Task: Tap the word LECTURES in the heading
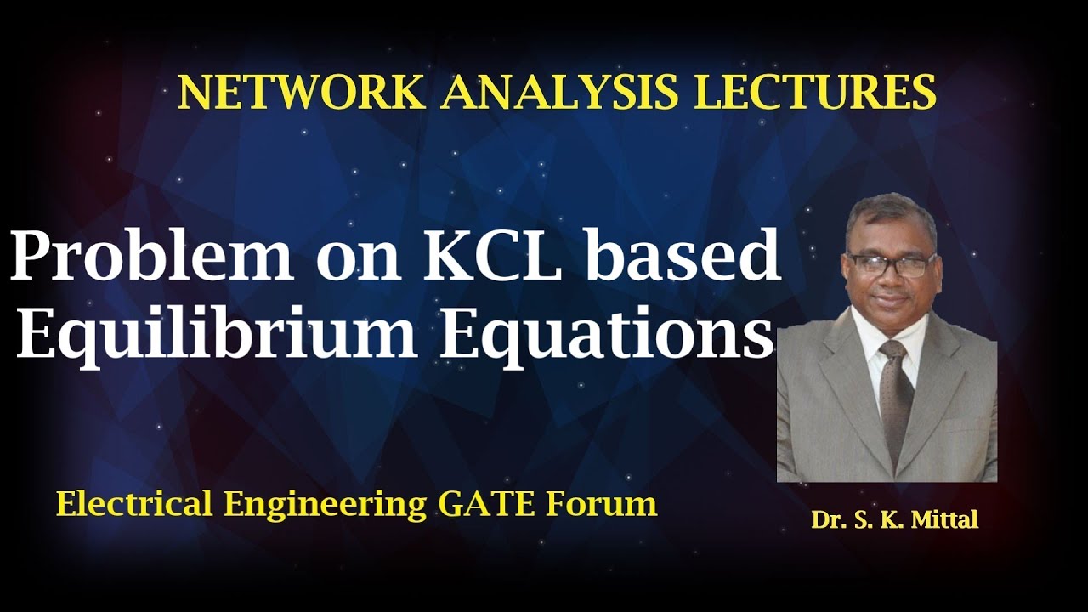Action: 815,92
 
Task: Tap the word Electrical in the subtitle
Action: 135,504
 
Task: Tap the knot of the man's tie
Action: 893,353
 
